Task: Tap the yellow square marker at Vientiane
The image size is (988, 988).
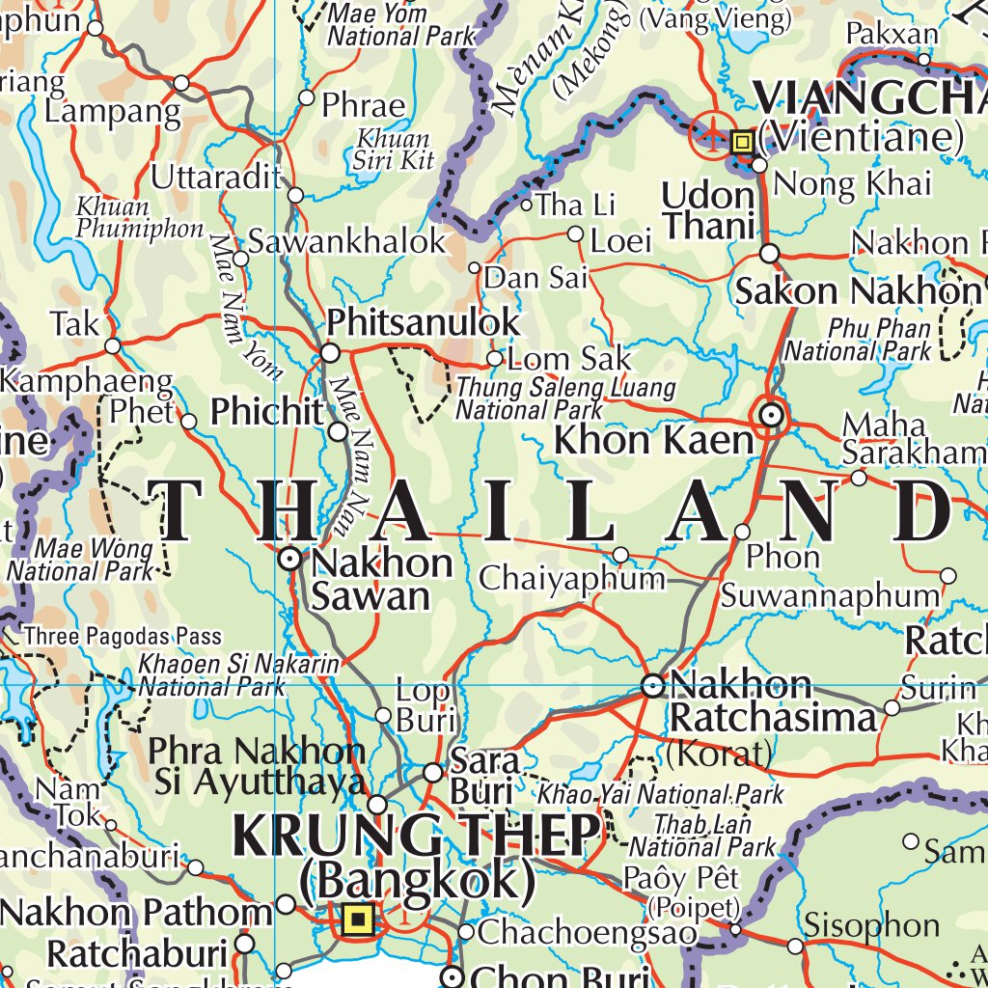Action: (742, 143)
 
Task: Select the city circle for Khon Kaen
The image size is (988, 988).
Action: (771, 416)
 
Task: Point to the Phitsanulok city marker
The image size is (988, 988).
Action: (330, 353)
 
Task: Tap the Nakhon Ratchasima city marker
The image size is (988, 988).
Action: (653, 686)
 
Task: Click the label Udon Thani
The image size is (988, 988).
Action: (708, 210)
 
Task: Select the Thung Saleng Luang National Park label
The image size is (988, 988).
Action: (565, 399)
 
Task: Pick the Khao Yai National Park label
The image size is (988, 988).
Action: (661, 795)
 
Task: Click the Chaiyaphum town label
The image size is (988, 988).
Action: (573, 579)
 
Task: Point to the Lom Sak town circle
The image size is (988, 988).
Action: (495, 359)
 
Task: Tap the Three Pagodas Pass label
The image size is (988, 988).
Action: (123, 637)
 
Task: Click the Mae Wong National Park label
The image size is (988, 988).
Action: (81, 561)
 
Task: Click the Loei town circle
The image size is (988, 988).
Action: (575, 234)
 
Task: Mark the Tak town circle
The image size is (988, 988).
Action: (113, 345)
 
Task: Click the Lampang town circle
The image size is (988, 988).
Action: (181, 84)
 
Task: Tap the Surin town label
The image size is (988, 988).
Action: (939, 689)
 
